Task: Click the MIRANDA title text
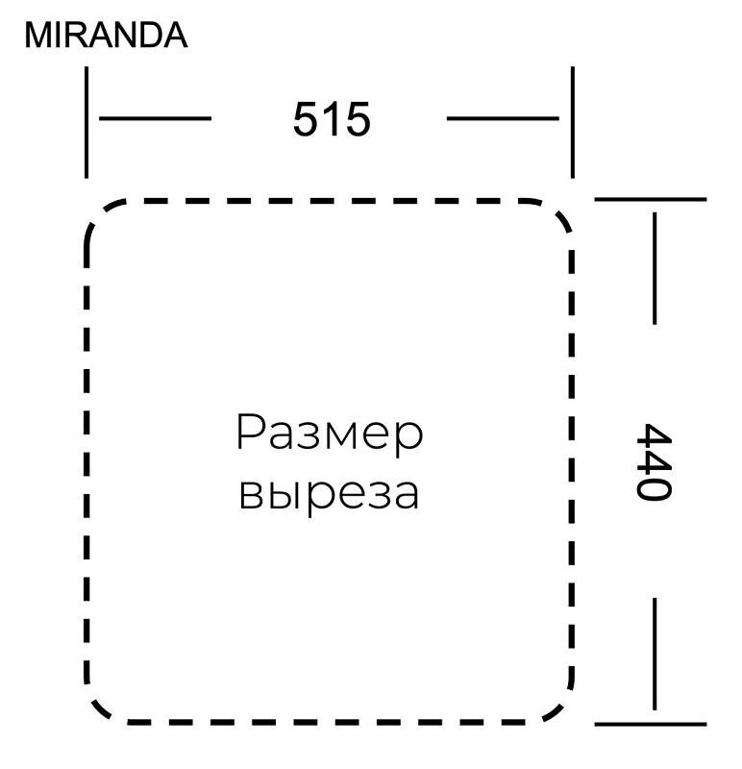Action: point(106,36)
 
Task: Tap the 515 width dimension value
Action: point(332,120)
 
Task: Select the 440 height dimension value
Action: point(651,461)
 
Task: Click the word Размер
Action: point(329,434)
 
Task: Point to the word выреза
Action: point(329,492)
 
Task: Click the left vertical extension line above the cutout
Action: point(87,122)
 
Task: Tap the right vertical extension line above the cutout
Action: point(573,122)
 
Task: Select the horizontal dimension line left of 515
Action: point(156,119)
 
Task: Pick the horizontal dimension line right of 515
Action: point(503,119)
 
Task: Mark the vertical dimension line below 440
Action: point(655,654)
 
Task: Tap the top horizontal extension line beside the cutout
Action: point(651,199)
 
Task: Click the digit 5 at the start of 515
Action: point(306,120)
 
